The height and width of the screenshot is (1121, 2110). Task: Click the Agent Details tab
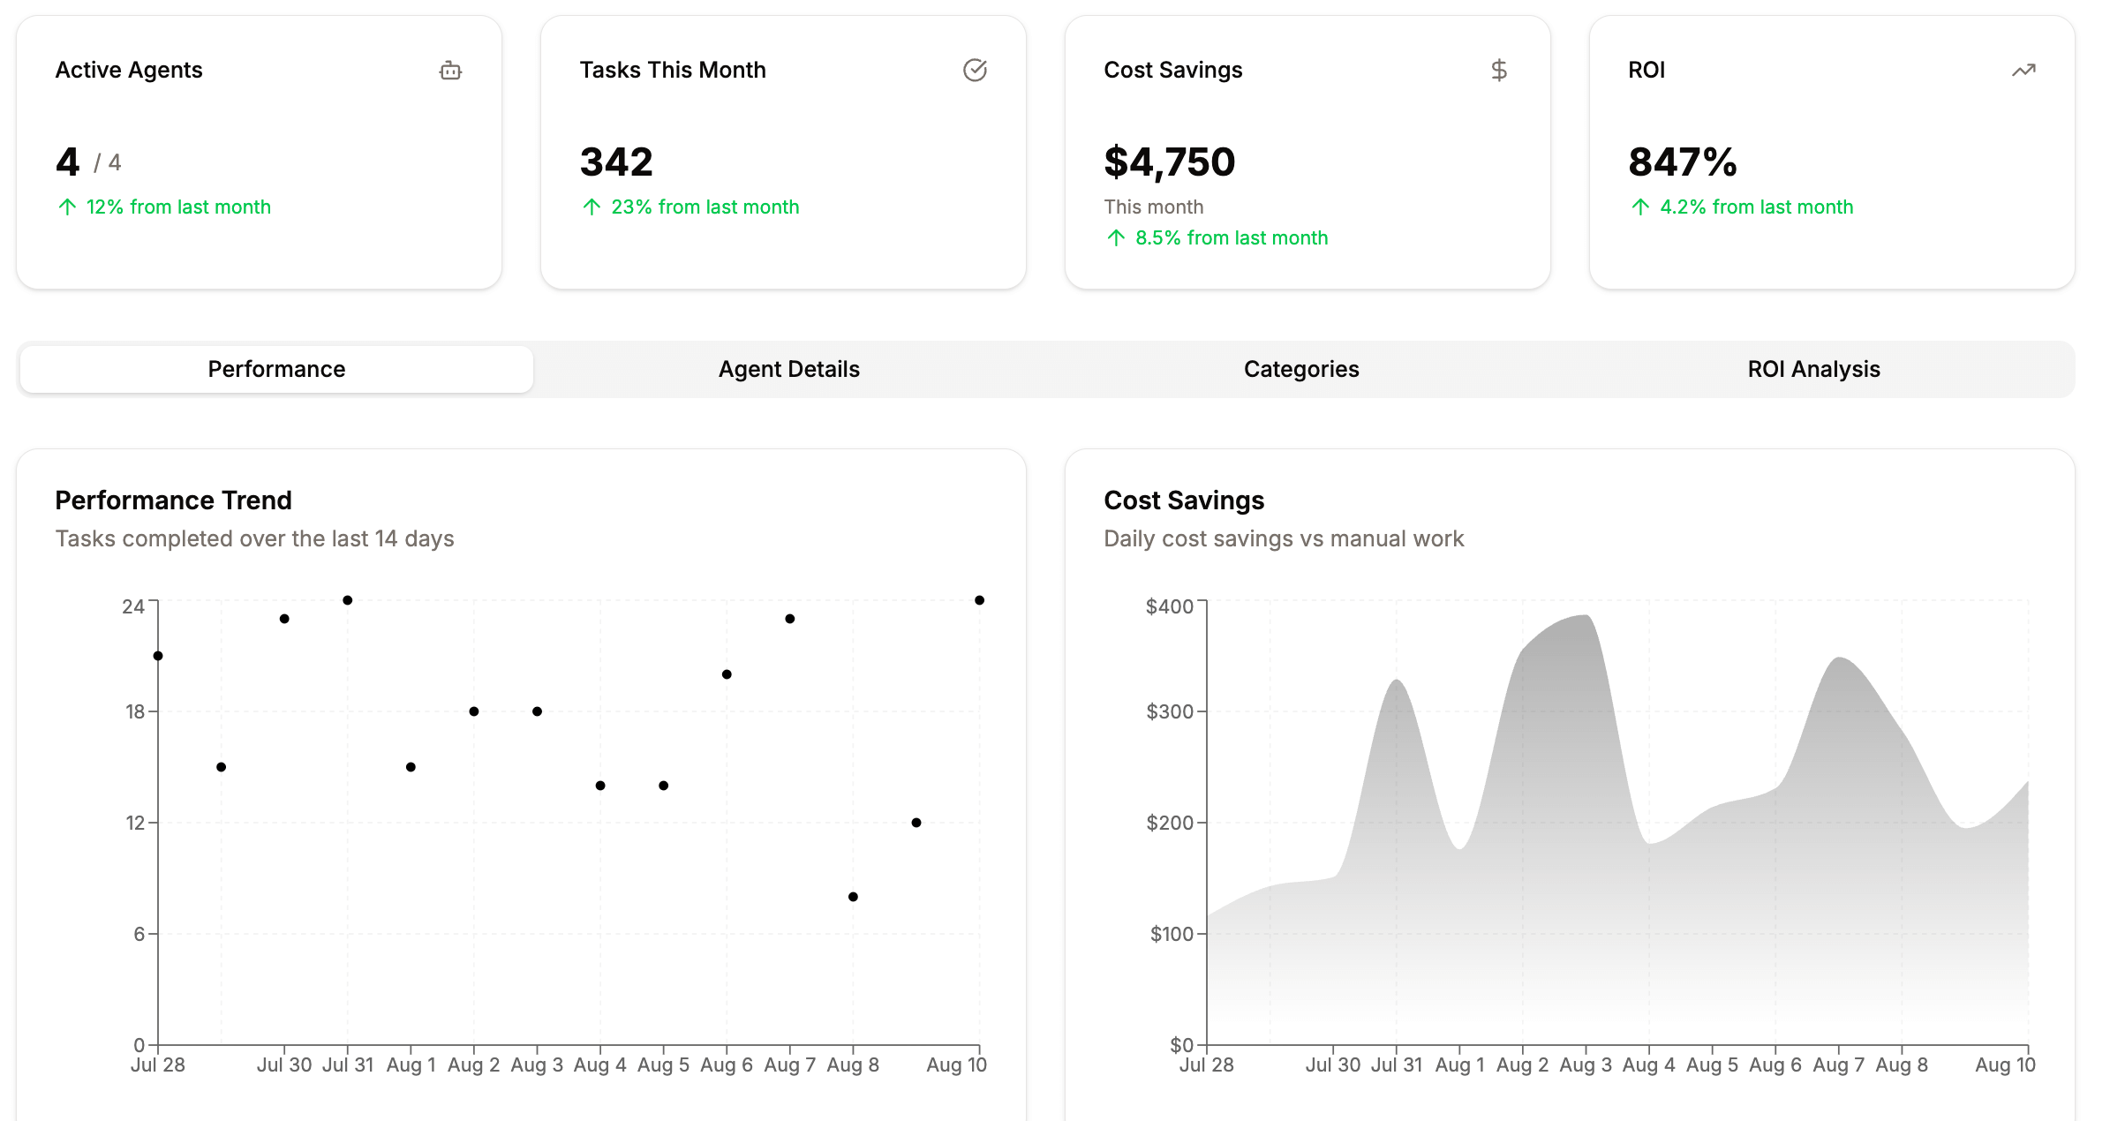click(x=788, y=369)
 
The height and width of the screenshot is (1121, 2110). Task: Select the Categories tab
click(x=1300, y=369)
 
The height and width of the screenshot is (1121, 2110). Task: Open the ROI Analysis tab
click(x=1813, y=369)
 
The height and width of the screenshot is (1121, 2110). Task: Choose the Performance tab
click(x=276, y=369)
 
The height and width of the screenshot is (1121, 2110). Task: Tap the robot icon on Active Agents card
click(x=450, y=71)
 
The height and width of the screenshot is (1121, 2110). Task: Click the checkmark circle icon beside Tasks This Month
click(x=975, y=71)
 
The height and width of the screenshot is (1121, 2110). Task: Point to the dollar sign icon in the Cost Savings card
click(x=1498, y=71)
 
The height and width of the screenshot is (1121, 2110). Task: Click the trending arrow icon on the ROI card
click(x=2023, y=71)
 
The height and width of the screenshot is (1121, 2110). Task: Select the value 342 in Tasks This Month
click(x=616, y=162)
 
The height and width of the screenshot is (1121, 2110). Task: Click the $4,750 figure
click(x=1169, y=162)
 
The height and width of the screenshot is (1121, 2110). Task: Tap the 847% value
click(x=1682, y=162)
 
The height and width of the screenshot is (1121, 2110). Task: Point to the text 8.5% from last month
click(x=1231, y=238)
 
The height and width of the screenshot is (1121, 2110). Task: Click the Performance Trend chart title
click(x=173, y=500)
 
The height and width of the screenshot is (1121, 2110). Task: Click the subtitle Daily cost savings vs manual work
click(x=1284, y=538)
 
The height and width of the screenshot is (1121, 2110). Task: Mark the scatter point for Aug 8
click(x=853, y=897)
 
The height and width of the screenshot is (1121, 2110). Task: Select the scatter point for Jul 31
click(x=348, y=600)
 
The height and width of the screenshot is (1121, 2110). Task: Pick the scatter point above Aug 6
click(x=727, y=674)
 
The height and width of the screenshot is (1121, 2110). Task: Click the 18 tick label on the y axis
click(x=135, y=711)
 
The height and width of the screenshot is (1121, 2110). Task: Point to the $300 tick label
click(x=1169, y=711)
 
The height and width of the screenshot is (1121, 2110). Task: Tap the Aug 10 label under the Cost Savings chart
click(x=2004, y=1065)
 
